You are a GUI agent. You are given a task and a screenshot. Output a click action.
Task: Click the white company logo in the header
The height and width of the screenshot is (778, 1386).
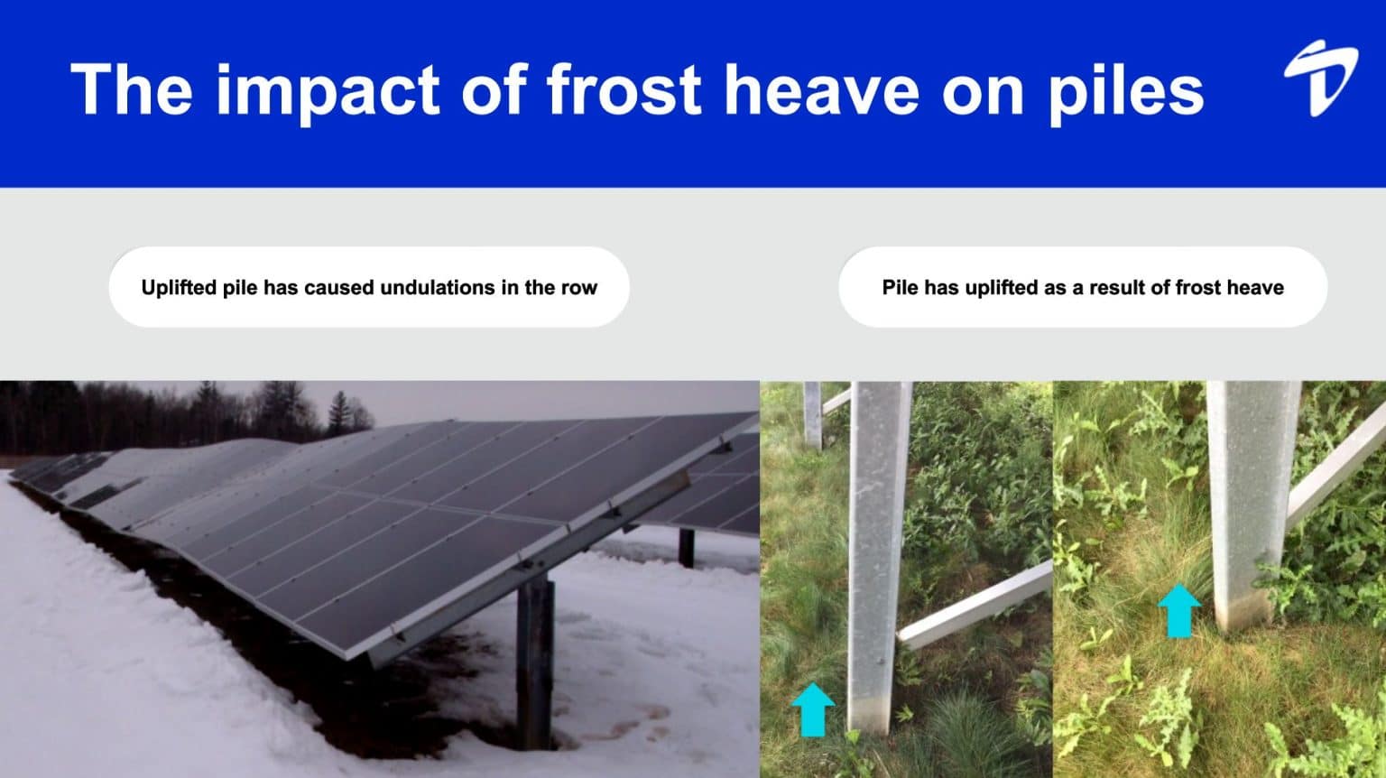point(1320,79)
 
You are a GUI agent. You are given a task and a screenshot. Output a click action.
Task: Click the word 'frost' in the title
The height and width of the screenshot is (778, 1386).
point(624,89)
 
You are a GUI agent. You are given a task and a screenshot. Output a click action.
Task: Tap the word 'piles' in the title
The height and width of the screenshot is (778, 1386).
point(1125,91)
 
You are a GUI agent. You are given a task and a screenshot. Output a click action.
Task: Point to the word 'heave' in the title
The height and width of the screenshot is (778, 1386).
point(822,89)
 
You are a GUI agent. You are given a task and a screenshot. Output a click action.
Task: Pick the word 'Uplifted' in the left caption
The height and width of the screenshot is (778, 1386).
point(179,288)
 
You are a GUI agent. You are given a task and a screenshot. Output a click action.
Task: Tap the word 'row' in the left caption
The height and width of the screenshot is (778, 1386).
point(578,288)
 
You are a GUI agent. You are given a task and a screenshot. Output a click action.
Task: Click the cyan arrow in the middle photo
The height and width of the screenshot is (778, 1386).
point(813,709)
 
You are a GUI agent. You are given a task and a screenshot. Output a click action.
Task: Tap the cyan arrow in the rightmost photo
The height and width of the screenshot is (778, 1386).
point(1178,610)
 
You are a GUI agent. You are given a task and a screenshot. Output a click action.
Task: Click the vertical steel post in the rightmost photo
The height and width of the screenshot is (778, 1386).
point(1249,505)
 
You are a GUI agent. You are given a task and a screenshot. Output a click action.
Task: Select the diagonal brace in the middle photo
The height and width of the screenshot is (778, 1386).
point(975,605)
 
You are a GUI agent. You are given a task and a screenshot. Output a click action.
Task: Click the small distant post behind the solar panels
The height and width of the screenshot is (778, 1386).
point(687,547)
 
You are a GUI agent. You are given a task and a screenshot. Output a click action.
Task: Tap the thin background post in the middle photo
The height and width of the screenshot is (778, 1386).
point(812,414)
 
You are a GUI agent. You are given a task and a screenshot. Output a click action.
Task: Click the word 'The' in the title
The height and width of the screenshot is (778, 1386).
point(132,89)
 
